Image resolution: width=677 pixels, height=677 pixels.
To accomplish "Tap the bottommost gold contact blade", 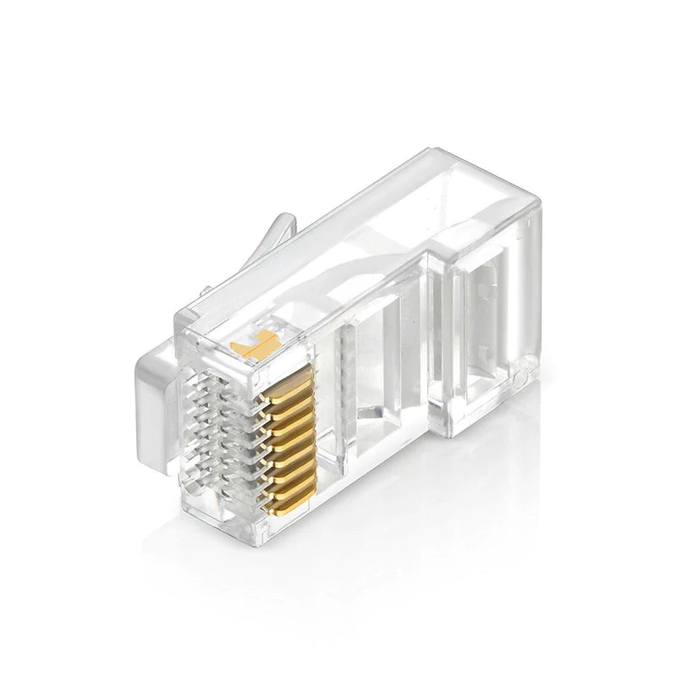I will click(x=298, y=488).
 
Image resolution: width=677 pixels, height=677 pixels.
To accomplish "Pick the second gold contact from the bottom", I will click(x=297, y=473).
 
